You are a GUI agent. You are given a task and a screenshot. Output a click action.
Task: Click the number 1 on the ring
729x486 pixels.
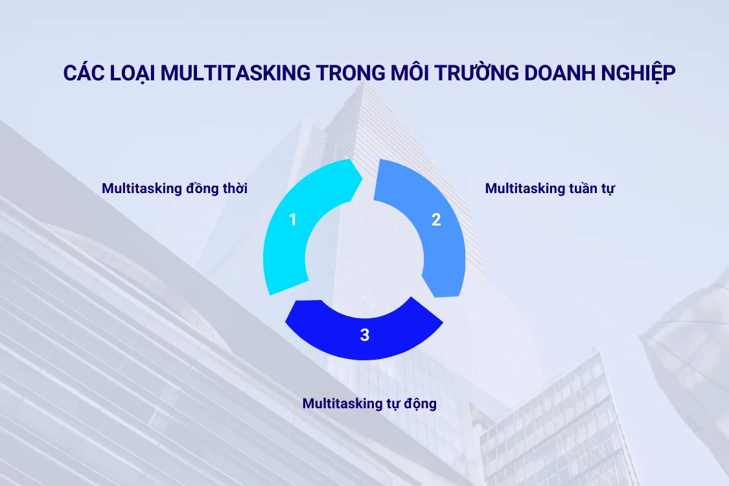click(293, 220)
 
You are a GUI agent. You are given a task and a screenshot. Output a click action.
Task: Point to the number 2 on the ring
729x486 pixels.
click(436, 220)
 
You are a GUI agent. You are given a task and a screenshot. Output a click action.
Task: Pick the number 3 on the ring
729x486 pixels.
click(365, 335)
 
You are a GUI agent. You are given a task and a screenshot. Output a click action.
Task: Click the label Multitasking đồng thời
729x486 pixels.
click(174, 189)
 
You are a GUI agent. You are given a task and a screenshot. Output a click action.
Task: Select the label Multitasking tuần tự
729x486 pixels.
click(550, 189)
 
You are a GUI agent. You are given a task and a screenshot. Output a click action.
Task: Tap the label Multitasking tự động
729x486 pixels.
click(369, 404)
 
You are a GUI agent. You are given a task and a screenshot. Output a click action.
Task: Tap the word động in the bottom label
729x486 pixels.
click(418, 404)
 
